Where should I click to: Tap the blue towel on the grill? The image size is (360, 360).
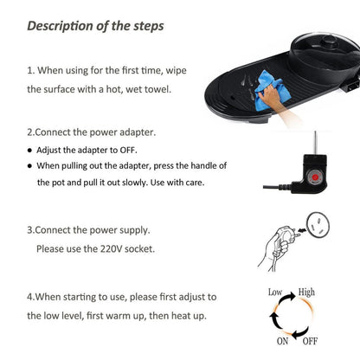[x=270, y=89]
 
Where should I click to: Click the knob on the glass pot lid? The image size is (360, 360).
[x=330, y=42]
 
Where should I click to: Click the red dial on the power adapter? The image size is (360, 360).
[x=315, y=176]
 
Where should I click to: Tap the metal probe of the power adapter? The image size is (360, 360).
[x=315, y=143]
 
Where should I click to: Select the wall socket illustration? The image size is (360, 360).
[x=318, y=225]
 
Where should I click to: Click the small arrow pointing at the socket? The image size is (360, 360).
[x=302, y=230]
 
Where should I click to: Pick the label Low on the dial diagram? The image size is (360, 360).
[x=275, y=292]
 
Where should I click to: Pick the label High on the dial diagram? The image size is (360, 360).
[x=306, y=292]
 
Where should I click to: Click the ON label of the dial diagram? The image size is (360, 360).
[x=282, y=341]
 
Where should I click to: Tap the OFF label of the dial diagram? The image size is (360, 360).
[x=310, y=341]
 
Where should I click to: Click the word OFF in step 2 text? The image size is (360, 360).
[x=128, y=150]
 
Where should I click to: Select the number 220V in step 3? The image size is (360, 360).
[x=112, y=248]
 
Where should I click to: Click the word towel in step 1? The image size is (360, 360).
[x=157, y=89]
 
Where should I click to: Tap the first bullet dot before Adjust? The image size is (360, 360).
[x=29, y=151]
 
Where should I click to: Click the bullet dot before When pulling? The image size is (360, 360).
[x=29, y=166]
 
